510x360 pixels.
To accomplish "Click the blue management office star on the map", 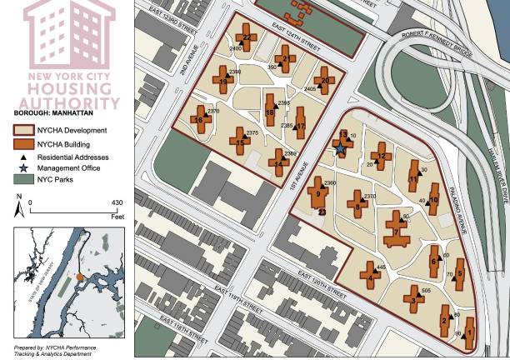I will (340, 149).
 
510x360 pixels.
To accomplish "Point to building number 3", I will (414, 297).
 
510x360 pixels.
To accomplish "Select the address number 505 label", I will (425, 290).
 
